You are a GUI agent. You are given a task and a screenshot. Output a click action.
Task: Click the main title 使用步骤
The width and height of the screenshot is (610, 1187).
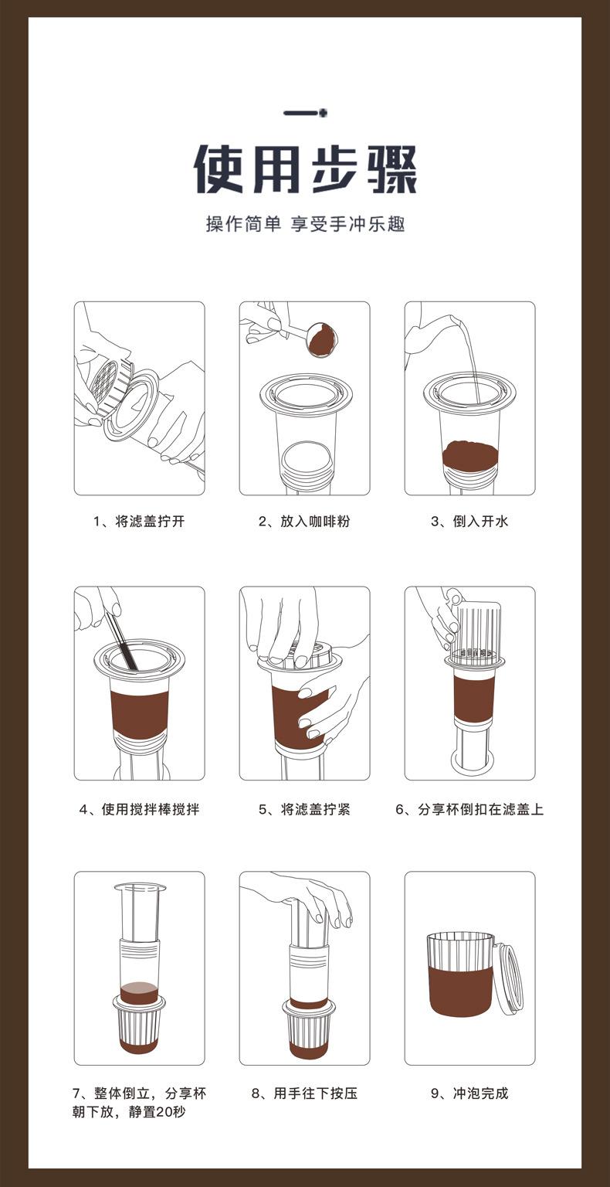306,169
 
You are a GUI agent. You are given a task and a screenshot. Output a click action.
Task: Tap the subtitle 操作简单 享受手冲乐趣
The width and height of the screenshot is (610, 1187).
306,224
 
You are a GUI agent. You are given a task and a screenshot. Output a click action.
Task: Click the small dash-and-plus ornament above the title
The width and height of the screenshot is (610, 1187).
306,112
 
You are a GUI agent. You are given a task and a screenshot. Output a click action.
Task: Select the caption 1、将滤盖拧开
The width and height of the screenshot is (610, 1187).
139,522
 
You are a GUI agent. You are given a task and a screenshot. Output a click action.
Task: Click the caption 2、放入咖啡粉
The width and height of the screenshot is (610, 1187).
304,522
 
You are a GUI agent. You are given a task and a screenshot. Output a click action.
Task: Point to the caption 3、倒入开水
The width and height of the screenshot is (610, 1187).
469,522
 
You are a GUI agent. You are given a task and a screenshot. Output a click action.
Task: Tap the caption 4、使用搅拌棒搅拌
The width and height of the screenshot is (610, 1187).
139,810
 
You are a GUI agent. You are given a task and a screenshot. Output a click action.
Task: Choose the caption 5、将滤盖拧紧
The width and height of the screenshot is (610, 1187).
304,810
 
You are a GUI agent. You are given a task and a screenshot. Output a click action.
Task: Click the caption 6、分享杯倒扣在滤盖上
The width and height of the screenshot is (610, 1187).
469,810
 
